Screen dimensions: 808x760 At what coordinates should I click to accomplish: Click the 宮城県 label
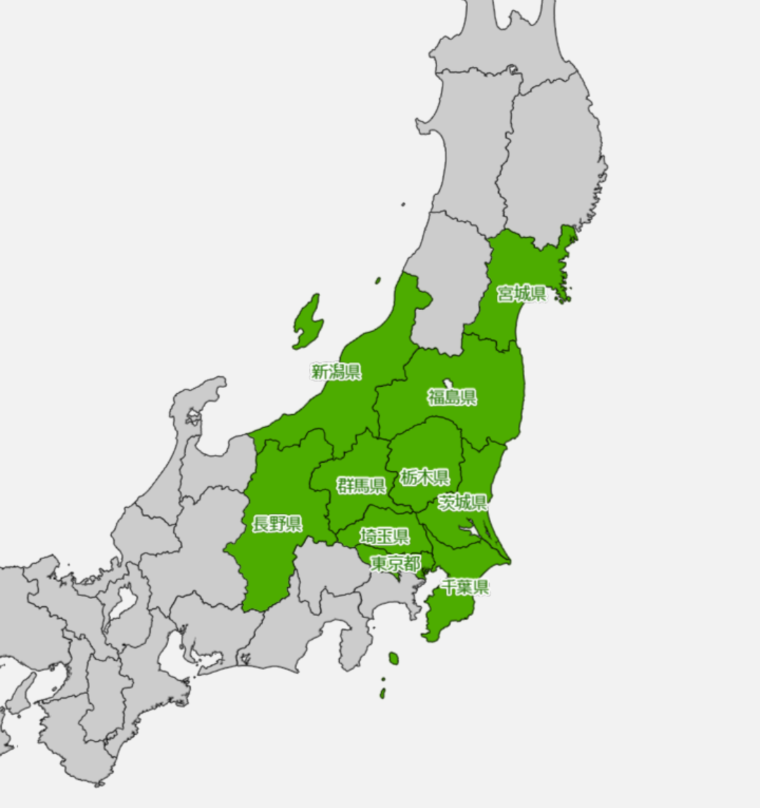[521, 293]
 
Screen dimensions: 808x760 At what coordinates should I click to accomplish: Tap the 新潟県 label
[336, 371]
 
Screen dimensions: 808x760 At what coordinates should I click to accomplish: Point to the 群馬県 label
[361, 485]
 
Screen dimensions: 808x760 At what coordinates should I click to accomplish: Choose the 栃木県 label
[425, 477]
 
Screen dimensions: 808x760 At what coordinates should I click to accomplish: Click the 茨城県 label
[462, 502]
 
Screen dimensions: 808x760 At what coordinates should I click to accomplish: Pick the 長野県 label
[277, 523]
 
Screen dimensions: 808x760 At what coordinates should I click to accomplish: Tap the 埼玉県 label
[384, 536]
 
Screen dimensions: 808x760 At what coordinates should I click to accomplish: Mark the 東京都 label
[395, 563]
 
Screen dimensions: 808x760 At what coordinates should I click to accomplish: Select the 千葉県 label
[464, 586]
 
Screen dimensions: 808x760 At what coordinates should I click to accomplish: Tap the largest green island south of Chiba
[393, 659]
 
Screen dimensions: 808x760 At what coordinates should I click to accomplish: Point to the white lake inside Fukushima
[448, 383]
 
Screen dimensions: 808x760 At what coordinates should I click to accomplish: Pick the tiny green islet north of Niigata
[378, 281]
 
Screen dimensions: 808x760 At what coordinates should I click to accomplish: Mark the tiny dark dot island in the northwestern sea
[403, 205]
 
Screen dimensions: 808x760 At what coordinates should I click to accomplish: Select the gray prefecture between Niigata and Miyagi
[449, 281]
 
